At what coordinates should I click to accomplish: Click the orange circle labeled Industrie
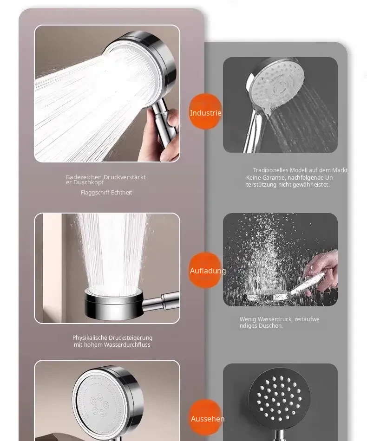pyautogui.click(x=205, y=111)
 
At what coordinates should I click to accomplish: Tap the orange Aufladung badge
pyautogui.click(x=205, y=270)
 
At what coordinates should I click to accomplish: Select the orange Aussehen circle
pyautogui.click(x=205, y=417)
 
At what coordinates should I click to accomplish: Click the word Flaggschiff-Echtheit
pyautogui.click(x=106, y=192)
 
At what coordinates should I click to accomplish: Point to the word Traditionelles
pyautogui.click(x=271, y=170)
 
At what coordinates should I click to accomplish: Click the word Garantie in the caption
pyautogui.click(x=273, y=178)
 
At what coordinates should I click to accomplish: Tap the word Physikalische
pyautogui.click(x=90, y=338)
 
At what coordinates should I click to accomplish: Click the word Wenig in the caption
pyautogui.click(x=248, y=319)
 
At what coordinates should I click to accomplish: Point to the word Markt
pyautogui.click(x=340, y=170)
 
